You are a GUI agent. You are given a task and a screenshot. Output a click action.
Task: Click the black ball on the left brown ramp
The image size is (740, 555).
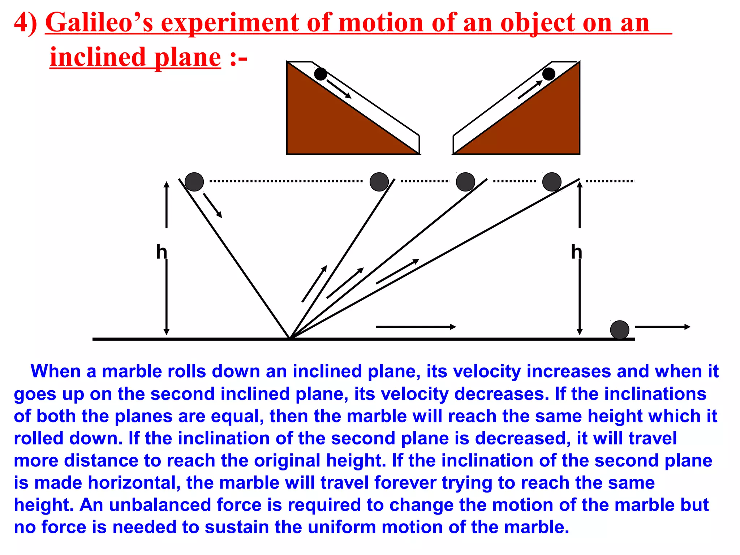[x=320, y=74]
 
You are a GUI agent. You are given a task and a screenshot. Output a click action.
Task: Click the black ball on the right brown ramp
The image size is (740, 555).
[x=548, y=74]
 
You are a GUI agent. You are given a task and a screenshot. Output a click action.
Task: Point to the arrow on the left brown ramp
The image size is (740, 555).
[x=339, y=89]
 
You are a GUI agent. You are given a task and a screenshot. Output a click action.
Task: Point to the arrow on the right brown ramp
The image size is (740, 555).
[x=530, y=89]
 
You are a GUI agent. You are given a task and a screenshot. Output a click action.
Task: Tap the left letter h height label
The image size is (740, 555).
[x=162, y=251]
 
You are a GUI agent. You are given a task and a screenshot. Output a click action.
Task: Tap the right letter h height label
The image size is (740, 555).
[x=577, y=251]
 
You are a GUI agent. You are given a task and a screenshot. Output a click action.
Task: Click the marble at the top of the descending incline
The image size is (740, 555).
[x=194, y=182]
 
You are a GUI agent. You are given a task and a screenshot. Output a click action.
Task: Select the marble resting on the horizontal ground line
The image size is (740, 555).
[x=620, y=330]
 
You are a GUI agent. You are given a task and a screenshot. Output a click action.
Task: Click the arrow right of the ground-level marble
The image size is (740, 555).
[x=662, y=327]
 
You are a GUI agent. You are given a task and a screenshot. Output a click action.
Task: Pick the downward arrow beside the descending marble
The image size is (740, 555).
[x=212, y=205]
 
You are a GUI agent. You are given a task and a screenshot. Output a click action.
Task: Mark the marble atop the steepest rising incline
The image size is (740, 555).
[x=379, y=182]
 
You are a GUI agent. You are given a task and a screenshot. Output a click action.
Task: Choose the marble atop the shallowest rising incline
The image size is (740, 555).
[x=552, y=182]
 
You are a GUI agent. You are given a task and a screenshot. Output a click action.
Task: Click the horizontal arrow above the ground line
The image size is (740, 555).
[x=416, y=327]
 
